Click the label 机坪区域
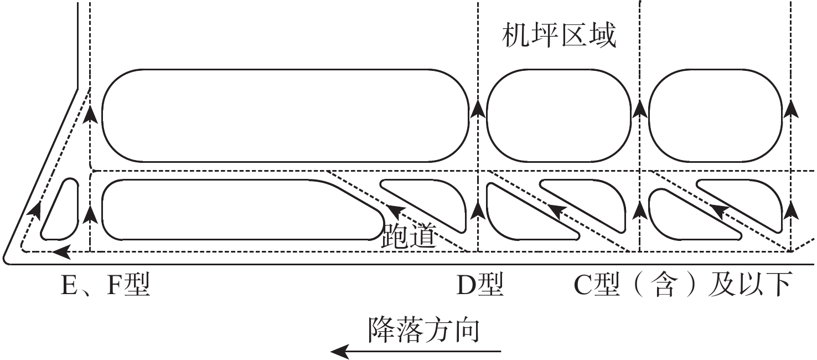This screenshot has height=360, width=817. (559, 37)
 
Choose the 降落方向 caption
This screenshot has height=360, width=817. (423, 331)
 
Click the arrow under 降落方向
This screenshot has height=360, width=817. (415, 351)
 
